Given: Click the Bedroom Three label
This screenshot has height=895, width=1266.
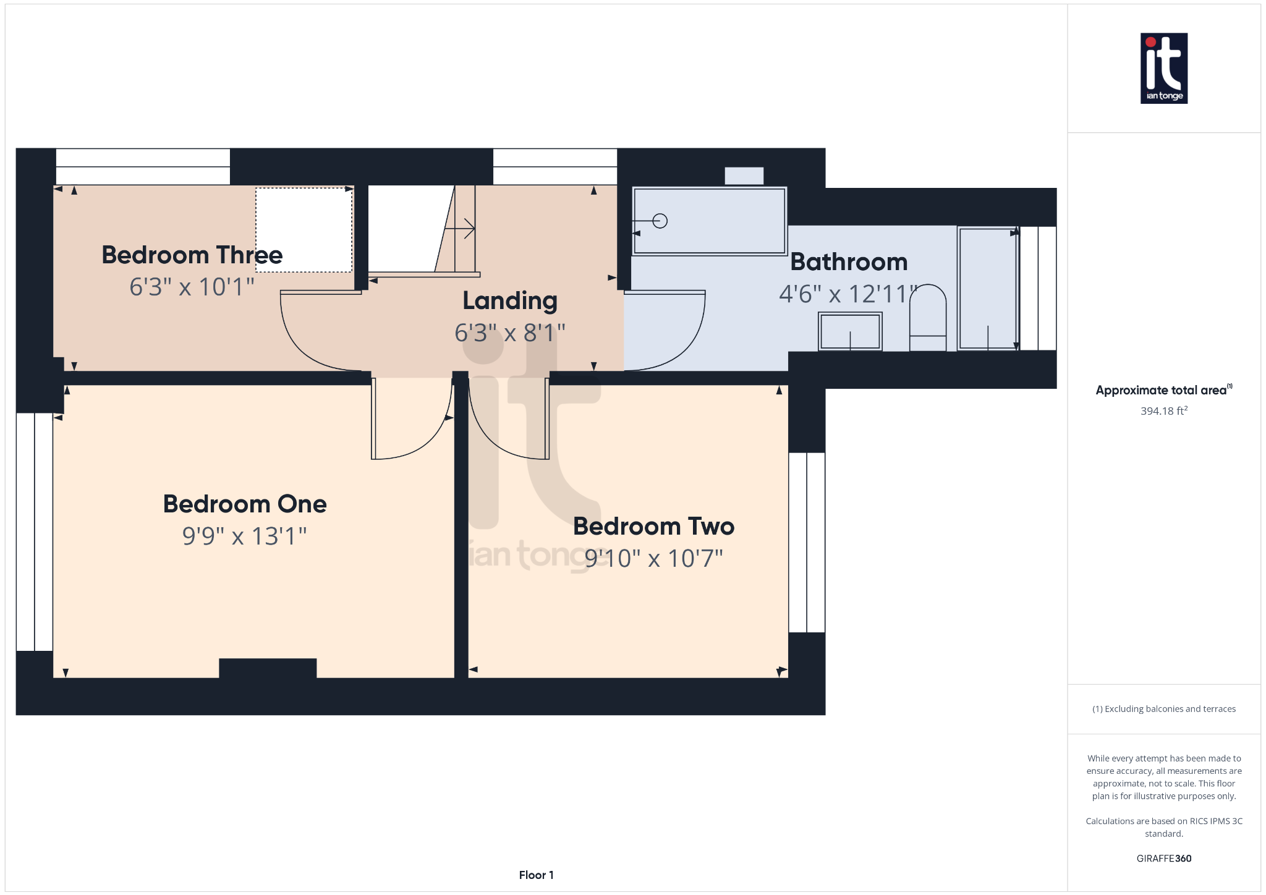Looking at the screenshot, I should (x=192, y=255).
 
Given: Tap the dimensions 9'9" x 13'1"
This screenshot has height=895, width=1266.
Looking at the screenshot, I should (x=244, y=536).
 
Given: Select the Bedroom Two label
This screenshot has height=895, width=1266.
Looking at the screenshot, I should (x=653, y=527).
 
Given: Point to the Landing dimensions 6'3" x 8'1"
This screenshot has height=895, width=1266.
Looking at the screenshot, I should (x=509, y=333).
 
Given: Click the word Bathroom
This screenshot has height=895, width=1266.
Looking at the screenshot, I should (x=849, y=262).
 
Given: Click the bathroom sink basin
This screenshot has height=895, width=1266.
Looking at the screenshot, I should (x=850, y=331).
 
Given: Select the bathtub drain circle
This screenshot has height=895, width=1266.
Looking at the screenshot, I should (x=660, y=221).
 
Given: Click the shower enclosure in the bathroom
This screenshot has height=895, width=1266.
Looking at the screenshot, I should (x=987, y=288).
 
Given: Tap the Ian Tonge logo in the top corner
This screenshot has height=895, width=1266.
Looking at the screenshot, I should (x=1163, y=68).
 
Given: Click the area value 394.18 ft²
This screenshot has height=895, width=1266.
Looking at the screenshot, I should (x=1163, y=411).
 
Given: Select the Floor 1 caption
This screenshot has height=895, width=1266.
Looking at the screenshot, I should (x=536, y=875).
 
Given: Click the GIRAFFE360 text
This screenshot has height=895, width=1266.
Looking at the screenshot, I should (x=1163, y=859).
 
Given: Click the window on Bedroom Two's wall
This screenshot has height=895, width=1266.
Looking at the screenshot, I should (x=807, y=542).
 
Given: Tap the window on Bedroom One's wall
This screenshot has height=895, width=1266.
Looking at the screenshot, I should (x=35, y=532).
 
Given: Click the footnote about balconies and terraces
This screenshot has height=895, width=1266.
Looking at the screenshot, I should (x=1163, y=709).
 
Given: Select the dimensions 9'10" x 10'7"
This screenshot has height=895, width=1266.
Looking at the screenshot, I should (x=653, y=559).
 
